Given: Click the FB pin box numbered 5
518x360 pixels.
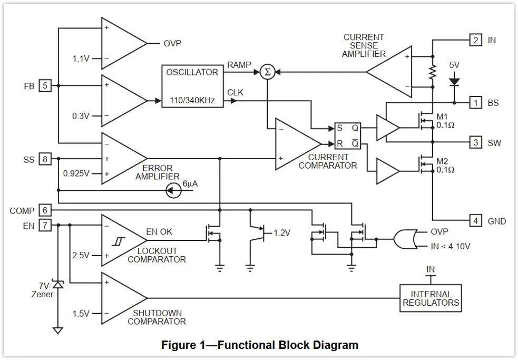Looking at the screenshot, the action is click(x=45, y=85).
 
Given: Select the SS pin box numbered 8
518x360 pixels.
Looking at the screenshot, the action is click(x=45, y=159).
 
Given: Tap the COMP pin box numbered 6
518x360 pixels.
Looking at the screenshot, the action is click(x=45, y=210).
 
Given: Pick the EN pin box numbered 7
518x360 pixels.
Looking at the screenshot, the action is click(x=45, y=226).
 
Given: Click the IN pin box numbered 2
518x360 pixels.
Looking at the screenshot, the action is click(x=476, y=41).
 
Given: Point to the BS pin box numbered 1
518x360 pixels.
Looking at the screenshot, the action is click(x=476, y=103).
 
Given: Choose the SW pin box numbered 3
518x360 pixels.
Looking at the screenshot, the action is click(x=476, y=142).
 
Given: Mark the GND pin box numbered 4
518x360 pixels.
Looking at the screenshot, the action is click(x=476, y=220).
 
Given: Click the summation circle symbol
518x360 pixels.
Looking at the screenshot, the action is click(x=267, y=72).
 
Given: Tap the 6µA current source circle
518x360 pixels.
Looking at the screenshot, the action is click(x=173, y=190).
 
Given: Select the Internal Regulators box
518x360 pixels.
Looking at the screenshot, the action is click(x=431, y=298).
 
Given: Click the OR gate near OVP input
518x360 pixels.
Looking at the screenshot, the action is click(x=404, y=239).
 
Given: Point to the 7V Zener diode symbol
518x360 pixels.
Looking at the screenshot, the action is click(x=58, y=284).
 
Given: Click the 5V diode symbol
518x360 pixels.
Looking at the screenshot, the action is click(x=454, y=82).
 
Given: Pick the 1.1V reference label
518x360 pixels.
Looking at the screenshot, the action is click(x=81, y=59).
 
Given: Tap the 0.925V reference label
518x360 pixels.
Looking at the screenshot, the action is click(x=76, y=173).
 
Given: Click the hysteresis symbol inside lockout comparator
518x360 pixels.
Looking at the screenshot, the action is click(x=118, y=241).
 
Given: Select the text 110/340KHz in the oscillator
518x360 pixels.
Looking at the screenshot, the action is click(x=192, y=101).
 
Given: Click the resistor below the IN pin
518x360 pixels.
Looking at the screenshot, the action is click(x=433, y=72).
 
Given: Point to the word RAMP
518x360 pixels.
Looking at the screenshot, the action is click(x=239, y=65).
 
